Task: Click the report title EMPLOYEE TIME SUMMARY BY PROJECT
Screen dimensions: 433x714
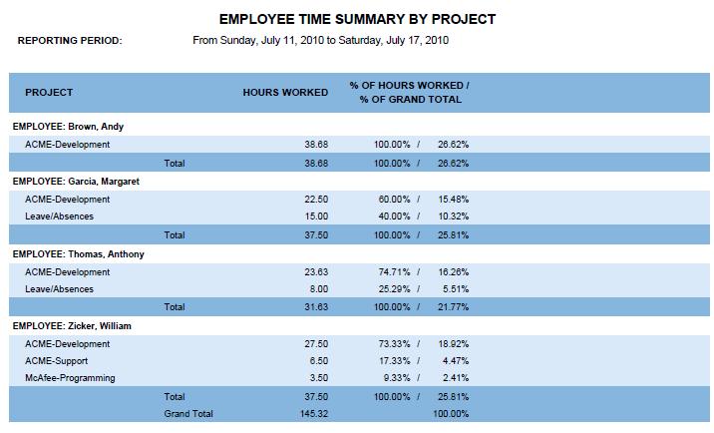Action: pos(356,19)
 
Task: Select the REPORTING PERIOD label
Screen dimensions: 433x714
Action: pos(70,41)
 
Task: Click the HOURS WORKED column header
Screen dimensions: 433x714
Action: pos(285,93)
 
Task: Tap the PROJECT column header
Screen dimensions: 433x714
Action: pos(49,93)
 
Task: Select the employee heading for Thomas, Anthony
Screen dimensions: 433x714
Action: pos(78,254)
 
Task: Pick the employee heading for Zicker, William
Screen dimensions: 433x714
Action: pos(72,326)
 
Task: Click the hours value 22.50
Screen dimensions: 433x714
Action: pos(316,200)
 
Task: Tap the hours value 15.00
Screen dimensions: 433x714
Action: pos(316,216)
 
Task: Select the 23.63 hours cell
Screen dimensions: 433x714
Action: pos(316,271)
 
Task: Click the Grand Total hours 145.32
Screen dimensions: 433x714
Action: pos(313,413)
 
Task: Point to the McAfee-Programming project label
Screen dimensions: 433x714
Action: pos(70,378)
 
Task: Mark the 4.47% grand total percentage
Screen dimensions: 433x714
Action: pos(456,361)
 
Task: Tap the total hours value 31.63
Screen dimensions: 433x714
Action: pos(316,306)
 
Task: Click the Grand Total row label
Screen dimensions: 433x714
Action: pos(189,413)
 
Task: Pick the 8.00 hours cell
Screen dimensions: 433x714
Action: pos(319,289)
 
